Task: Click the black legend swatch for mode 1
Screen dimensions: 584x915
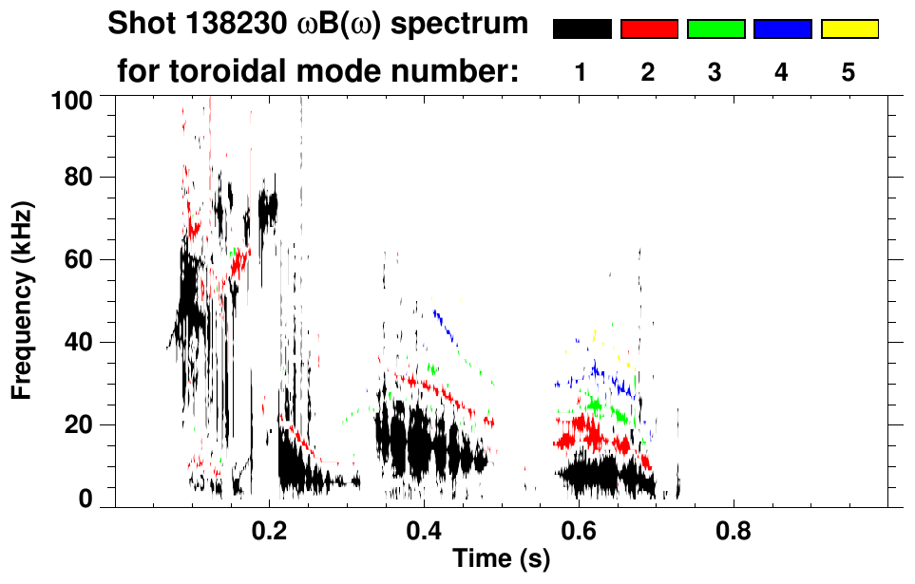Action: tap(581, 29)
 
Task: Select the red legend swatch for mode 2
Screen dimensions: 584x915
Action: tap(649, 29)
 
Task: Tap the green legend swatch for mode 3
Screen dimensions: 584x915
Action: tap(715, 29)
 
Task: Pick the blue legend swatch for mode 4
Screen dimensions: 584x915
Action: tap(782, 29)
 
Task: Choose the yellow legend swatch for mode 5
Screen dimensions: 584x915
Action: tap(849, 29)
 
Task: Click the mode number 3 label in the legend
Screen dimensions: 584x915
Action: tap(715, 72)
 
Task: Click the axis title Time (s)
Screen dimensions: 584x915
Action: tap(501, 559)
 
